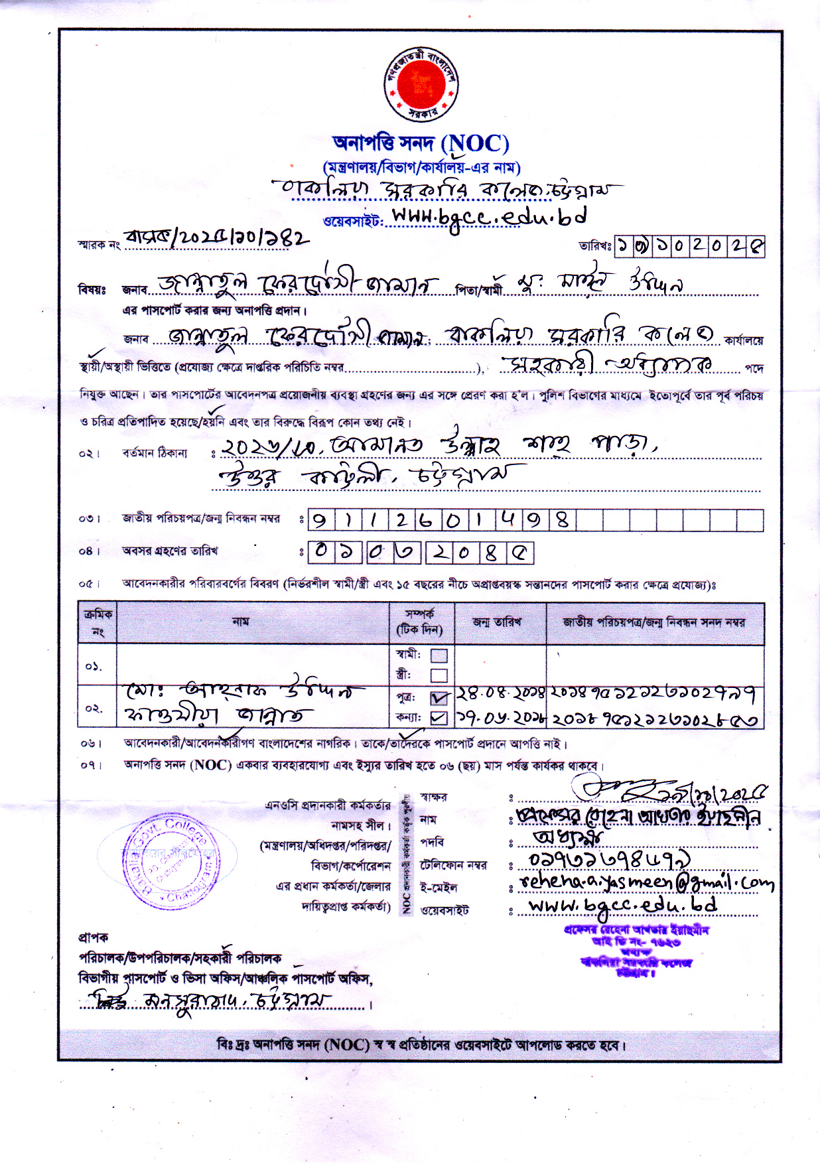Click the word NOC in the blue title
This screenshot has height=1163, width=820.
point(477,143)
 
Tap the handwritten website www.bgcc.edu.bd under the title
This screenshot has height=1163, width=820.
point(489,218)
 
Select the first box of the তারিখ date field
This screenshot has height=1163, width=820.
point(624,247)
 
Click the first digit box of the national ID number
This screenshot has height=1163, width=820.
point(320,520)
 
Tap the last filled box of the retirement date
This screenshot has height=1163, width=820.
point(520,553)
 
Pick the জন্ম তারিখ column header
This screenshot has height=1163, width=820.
point(497,622)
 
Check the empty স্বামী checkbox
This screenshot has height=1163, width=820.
point(439,655)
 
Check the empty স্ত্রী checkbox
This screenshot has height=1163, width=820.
point(439,675)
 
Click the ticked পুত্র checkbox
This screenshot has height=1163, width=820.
point(439,698)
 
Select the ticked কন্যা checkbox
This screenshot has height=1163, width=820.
point(439,718)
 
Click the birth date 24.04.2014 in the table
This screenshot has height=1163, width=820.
point(500,695)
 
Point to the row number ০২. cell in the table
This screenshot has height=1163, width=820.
point(96,708)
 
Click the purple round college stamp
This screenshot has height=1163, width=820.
point(168,861)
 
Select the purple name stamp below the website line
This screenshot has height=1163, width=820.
point(636,951)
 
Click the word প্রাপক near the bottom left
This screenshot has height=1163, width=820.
point(93,937)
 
